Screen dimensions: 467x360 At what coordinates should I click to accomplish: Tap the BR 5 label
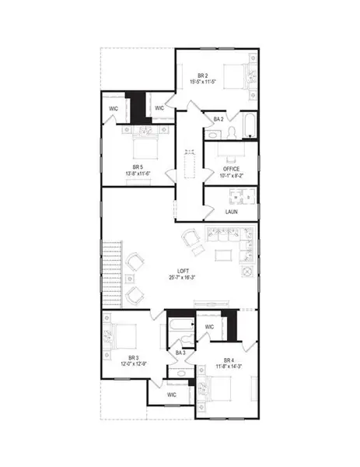point(138,167)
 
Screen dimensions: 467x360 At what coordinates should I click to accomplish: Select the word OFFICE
point(231,169)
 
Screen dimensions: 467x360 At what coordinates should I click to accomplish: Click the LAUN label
point(231,212)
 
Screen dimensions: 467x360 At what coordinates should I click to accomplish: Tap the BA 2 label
point(218,118)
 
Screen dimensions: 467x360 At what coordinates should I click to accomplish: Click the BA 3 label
point(180,353)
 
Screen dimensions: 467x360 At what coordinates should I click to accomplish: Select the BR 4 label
point(228,360)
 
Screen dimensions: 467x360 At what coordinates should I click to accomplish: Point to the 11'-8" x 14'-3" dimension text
point(228,367)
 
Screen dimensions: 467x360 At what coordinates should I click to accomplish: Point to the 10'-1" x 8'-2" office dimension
point(231,176)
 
